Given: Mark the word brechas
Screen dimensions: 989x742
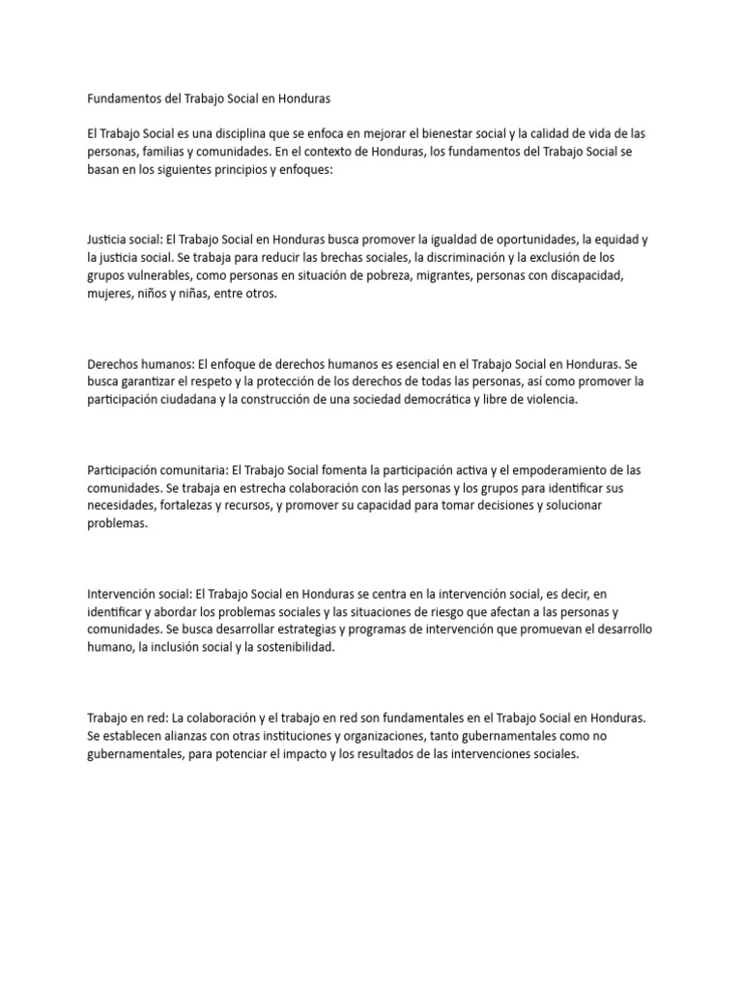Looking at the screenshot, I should [348, 257].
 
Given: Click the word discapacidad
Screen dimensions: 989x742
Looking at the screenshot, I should [611, 275].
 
